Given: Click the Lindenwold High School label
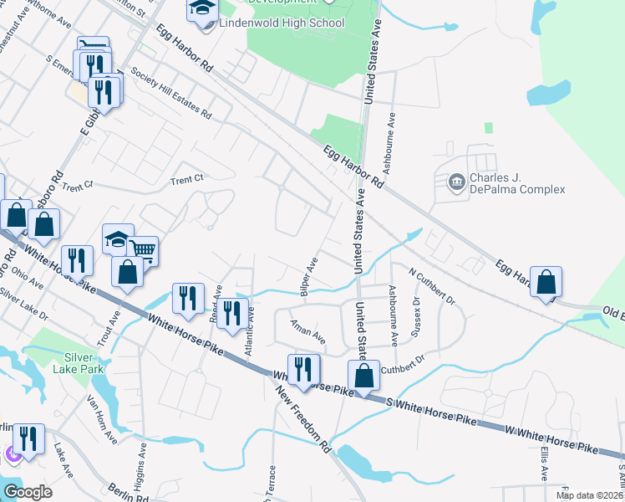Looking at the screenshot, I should [281, 23].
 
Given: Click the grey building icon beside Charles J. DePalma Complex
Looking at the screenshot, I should [456, 182].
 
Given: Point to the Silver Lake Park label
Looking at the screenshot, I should [78, 361].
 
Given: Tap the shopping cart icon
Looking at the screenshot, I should [143, 250].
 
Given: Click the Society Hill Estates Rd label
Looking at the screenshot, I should [170, 93].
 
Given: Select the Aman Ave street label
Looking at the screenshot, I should [308, 331].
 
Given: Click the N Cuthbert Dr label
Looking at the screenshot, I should [432, 286].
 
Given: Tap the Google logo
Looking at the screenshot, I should [28, 492].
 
